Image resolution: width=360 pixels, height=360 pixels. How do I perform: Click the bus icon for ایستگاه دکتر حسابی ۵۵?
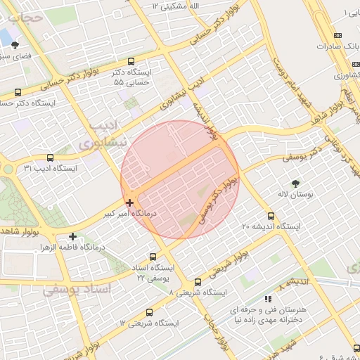[x=132, y=61]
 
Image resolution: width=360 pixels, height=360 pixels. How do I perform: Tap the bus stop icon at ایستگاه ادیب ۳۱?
[x=49, y=157]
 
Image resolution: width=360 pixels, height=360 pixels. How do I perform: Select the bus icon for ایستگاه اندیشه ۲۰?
[x=271, y=216]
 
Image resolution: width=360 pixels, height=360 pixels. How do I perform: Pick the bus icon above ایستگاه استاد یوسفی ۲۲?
[x=153, y=257]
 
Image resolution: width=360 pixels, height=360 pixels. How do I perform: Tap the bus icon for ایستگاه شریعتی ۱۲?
[x=148, y=312]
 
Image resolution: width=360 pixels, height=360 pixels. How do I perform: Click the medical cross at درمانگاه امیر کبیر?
[x=129, y=202]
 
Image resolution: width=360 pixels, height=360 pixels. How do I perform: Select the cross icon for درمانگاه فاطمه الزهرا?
[x=72, y=236]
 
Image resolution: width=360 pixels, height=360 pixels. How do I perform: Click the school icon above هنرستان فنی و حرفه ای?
[x=267, y=299]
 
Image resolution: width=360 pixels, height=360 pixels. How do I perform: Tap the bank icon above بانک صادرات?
[x=337, y=35]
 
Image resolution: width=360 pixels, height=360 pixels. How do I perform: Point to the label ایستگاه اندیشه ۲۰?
[x=271, y=226]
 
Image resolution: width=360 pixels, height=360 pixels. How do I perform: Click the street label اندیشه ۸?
[x=293, y=283]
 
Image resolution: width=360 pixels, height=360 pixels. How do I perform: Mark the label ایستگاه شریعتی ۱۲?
[x=149, y=323]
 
